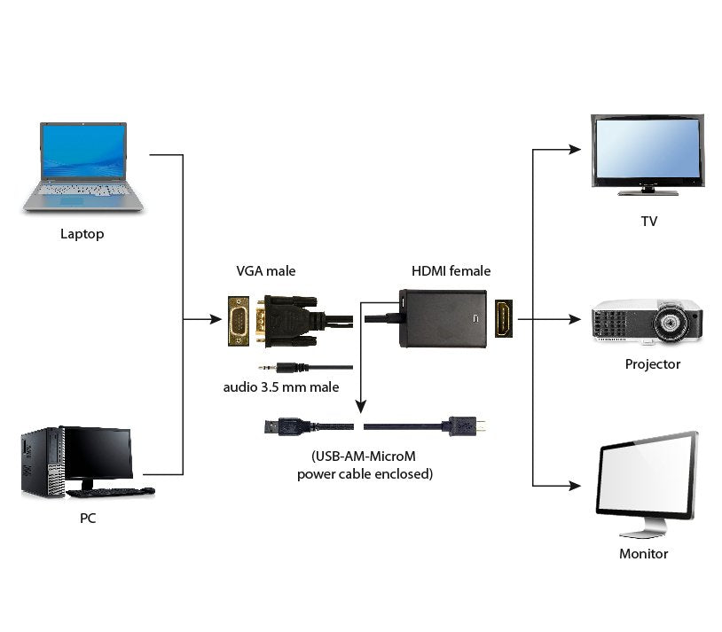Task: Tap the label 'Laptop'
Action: tap(82, 234)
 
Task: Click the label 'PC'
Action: tap(88, 519)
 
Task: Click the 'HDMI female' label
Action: tap(451, 271)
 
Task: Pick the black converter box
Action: tap(443, 317)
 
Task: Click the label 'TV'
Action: tap(649, 222)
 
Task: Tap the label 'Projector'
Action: tap(652, 364)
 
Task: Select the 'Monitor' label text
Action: tap(643, 554)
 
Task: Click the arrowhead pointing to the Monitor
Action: tap(577, 486)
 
